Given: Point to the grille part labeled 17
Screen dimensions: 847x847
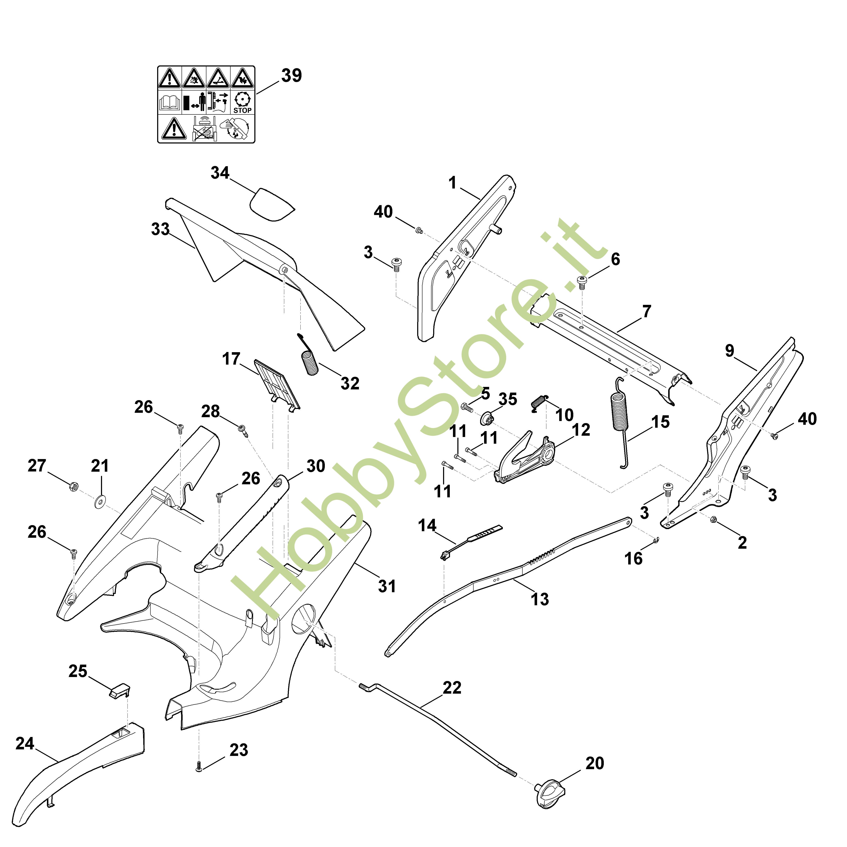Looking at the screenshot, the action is pos(277,384).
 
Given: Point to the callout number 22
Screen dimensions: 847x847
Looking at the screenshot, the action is pos(452,687).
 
